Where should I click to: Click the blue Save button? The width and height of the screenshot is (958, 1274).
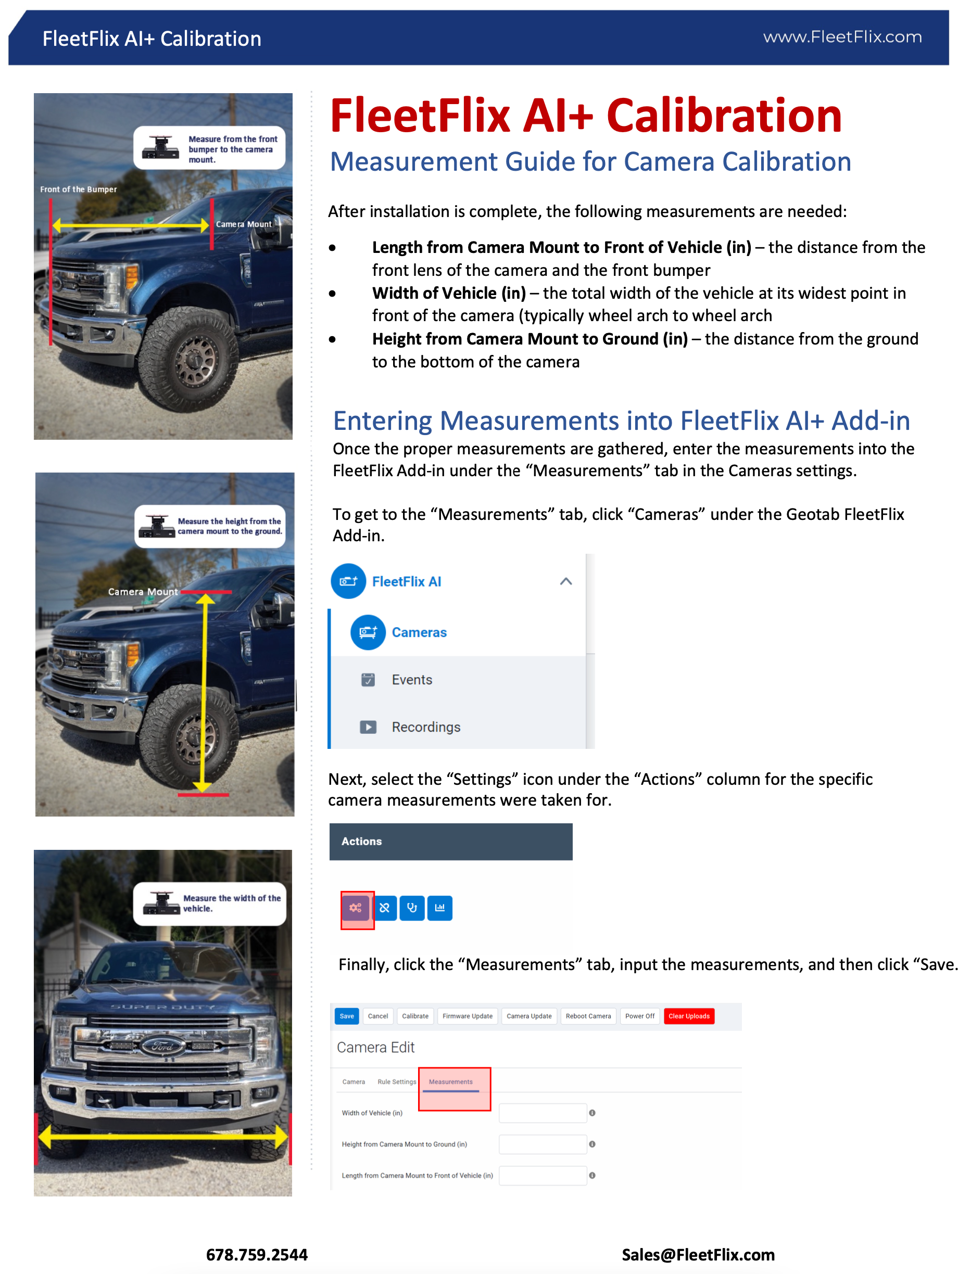[x=346, y=1016]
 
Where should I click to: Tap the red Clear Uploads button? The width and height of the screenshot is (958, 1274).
[x=688, y=1016]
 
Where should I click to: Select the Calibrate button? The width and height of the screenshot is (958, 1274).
[x=415, y=1016]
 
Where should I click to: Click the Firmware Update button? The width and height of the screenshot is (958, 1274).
[x=467, y=1016]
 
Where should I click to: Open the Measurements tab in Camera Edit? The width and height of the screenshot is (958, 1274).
[x=450, y=1081]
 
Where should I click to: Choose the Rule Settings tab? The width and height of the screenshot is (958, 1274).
[x=396, y=1081]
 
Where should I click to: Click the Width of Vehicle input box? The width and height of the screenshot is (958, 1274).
[x=542, y=1113]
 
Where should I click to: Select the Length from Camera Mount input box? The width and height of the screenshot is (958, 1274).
[x=542, y=1176]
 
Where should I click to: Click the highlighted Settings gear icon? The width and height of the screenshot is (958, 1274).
[x=356, y=908]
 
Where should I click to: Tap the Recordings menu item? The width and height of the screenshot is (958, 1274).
[x=426, y=727]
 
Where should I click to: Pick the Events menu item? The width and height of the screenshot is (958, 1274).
[x=411, y=680]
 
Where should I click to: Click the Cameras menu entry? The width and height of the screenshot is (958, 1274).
[x=419, y=632]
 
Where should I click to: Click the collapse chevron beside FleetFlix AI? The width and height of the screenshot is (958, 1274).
[x=566, y=581]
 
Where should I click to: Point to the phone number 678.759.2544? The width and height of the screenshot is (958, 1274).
[x=256, y=1254]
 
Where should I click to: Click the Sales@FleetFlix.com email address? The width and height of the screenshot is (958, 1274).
[x=698, y=1254]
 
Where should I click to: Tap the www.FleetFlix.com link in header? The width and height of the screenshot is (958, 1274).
[x=842, y=37]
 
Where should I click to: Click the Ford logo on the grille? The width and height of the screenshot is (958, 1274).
[x=163, y=1046]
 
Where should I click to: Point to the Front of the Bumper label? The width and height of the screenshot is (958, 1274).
[x=78, y=189]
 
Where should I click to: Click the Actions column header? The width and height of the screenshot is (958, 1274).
[x=361, y=842]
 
